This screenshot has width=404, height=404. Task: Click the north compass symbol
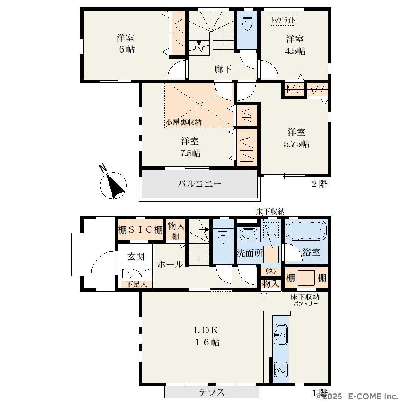pyautogui.click(x=114, y=185)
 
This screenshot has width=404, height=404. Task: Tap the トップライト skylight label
pyautogui.click(x=283, y=20)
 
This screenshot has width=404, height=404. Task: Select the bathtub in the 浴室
pyautogui.click(x=305, y=231)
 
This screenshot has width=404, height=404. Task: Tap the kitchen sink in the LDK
pyautogui.click(x=281, y=335)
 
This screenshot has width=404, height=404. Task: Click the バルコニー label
pyautogui.click(x=200, y=184)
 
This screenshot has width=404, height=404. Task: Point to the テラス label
pyautogui.click(x=212, y=392)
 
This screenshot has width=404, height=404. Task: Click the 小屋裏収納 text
pyautogui.click(x=183, y=122)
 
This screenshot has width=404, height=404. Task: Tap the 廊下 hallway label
pyautogui.click(x=223, y=69)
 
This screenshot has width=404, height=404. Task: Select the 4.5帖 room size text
pyautogui.click(x=295, y=51)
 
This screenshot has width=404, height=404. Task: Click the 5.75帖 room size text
pyautogui.click(x=297, y=144)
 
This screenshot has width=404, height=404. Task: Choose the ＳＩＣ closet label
pyautogui.click(x=141, y=229)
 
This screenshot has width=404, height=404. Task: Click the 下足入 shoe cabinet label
pyautogui.click(x=137, y=284)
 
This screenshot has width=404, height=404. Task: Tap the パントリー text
pyautogui.click(x=306, y=304)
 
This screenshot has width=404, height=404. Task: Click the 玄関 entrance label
pyautogui.click(x=136, y=257)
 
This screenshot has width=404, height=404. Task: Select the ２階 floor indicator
pyautogui.click(x=320, y=184)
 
